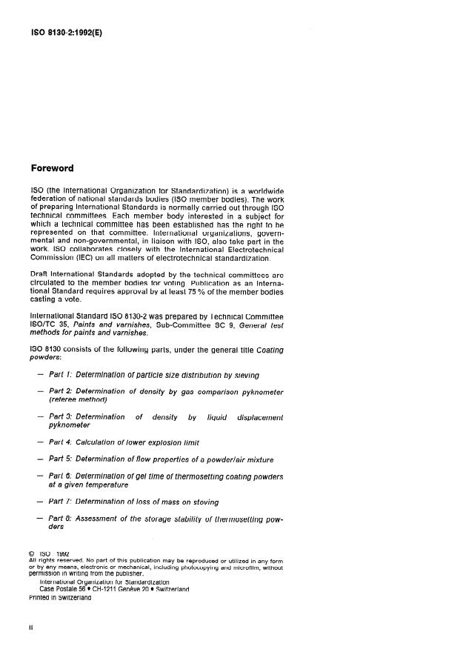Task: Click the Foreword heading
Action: (x=52, y=168)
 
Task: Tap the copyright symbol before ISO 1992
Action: (x=32, y=553)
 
